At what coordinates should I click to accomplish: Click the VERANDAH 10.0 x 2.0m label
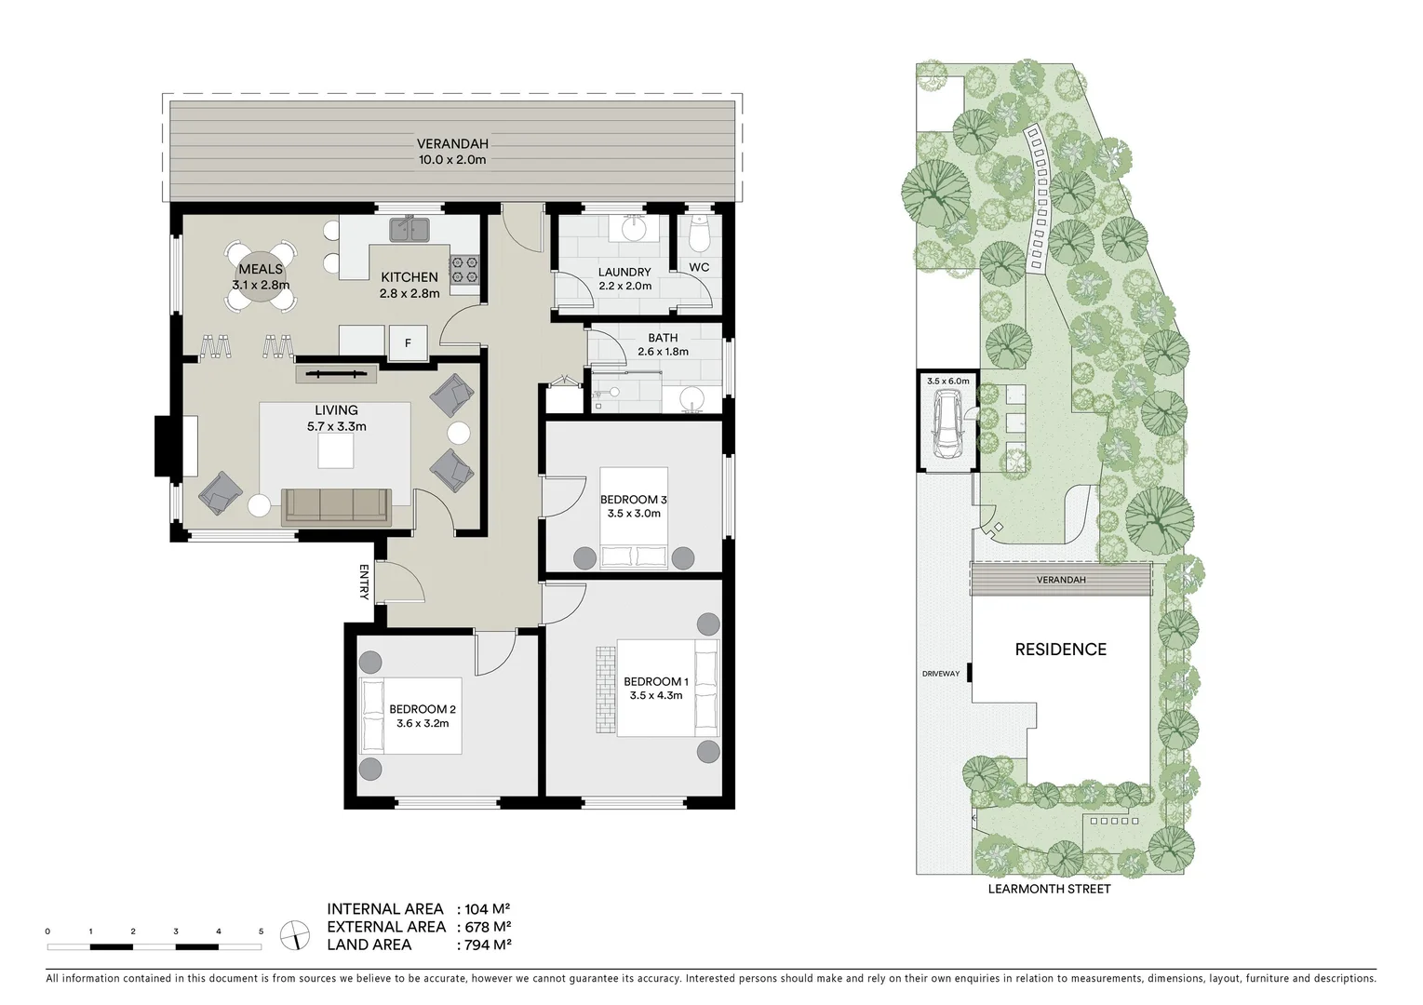click(x=452, y=152)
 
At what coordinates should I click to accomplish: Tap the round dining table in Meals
click(x=261, y=275)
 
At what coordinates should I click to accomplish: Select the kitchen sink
click(x=409, y=228)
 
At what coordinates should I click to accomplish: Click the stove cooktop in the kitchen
click(x=464, y=270)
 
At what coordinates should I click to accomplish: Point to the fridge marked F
click(x=408, y=342)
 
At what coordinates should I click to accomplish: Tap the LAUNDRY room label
click(x=624, y=273)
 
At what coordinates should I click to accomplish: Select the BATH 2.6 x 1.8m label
click(x=663, y=344)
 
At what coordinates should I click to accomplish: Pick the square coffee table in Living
click(x=336, y=452)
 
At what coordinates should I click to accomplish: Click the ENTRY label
click(x=365, y=582)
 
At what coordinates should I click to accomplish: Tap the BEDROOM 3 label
click(x=633, y=500)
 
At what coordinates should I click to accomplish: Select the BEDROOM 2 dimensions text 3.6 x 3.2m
click(x=423, y=723)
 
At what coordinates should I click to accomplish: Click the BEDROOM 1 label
click(x=656, y=681)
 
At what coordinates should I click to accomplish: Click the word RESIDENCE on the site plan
click(x=1060, y=650)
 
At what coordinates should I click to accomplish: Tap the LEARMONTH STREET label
click(x=1049, y=889)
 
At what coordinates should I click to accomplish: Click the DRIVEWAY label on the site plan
click(x=940, y=674)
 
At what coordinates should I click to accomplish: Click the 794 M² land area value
click(x=484, y=945)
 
